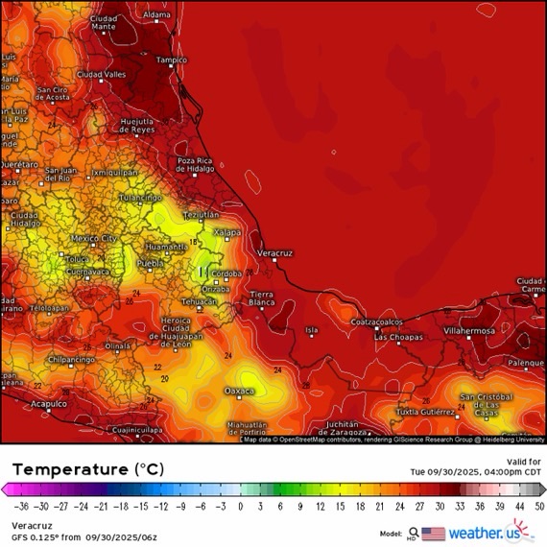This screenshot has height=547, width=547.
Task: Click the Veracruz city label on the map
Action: click(273, 250)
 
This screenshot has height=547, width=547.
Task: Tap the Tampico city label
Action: click(172, 59)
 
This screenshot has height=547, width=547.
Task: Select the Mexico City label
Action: click(94, 238)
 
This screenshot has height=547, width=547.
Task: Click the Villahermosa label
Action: click(464, 329)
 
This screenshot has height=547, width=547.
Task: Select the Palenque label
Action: click(526, 363)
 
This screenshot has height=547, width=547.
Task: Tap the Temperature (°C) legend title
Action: click(87, 469)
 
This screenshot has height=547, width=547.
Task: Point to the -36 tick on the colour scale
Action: click(20, 506)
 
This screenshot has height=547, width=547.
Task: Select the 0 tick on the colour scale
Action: click(240, 506)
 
